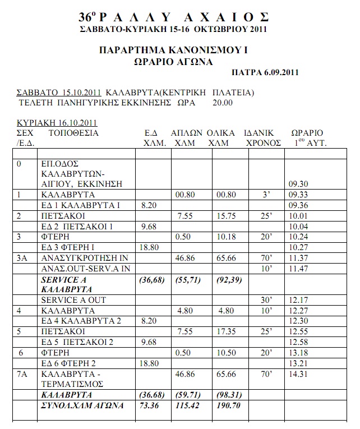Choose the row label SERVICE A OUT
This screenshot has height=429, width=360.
click(73, 300)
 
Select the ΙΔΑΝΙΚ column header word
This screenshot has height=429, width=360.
click(259, 133)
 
